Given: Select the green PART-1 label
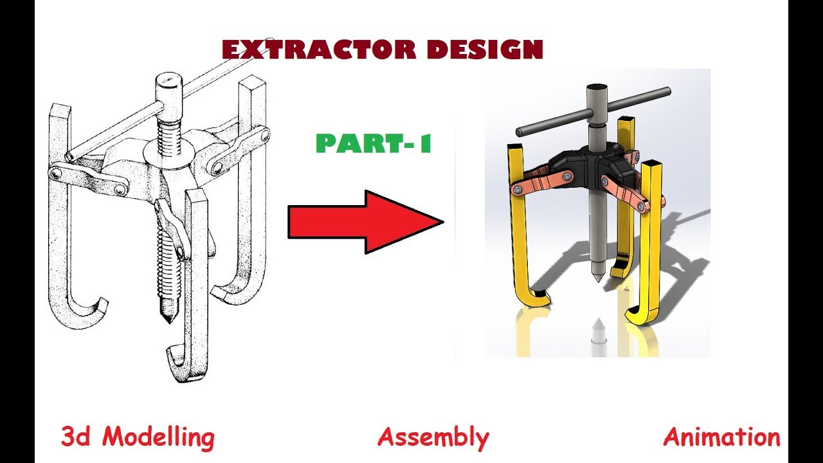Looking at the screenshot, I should pos(374,143).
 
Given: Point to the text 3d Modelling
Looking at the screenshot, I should pos(138,438).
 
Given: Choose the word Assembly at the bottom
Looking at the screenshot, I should pos(433,438).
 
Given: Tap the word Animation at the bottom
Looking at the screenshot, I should pos(721,438).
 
